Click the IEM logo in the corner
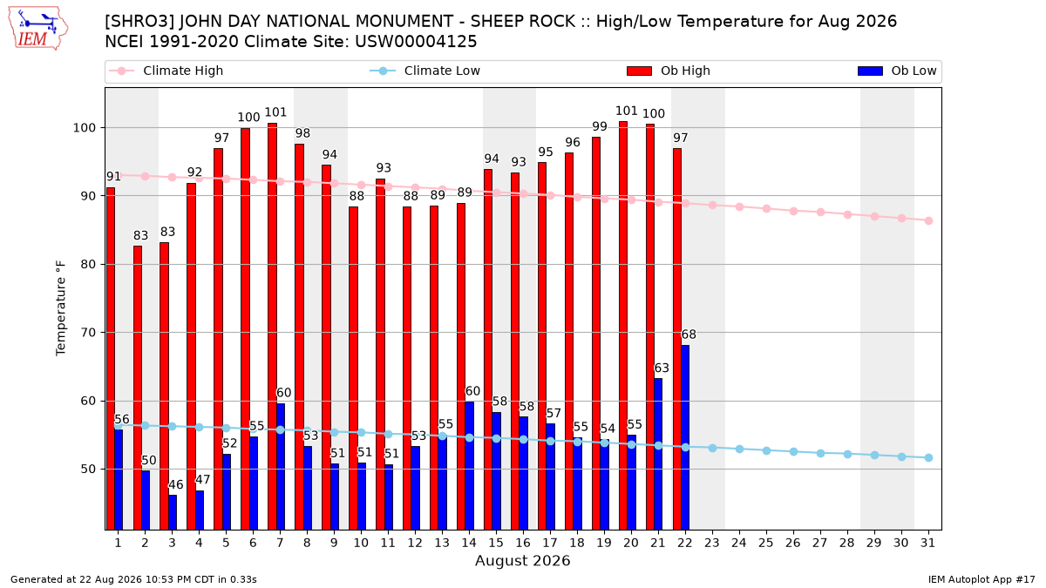[37, 29]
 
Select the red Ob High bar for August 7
[272, 326]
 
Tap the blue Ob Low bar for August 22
[685, 437]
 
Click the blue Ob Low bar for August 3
[173, 512]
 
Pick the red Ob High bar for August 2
[138, 388]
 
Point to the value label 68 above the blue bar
[689, 335]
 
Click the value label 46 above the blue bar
[175, 485]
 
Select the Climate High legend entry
[166, 71]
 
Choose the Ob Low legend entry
[897, 71]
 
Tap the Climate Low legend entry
[425, 71]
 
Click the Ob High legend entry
[669, 71]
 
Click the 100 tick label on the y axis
[85, 128]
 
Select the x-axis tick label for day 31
[927, 543]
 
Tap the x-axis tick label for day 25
[766, 543]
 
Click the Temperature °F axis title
[61, 308]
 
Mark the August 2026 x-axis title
[522, 560]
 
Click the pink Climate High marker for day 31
[928, 220]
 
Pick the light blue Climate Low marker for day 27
[820, 453]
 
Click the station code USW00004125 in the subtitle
[416, 42]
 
